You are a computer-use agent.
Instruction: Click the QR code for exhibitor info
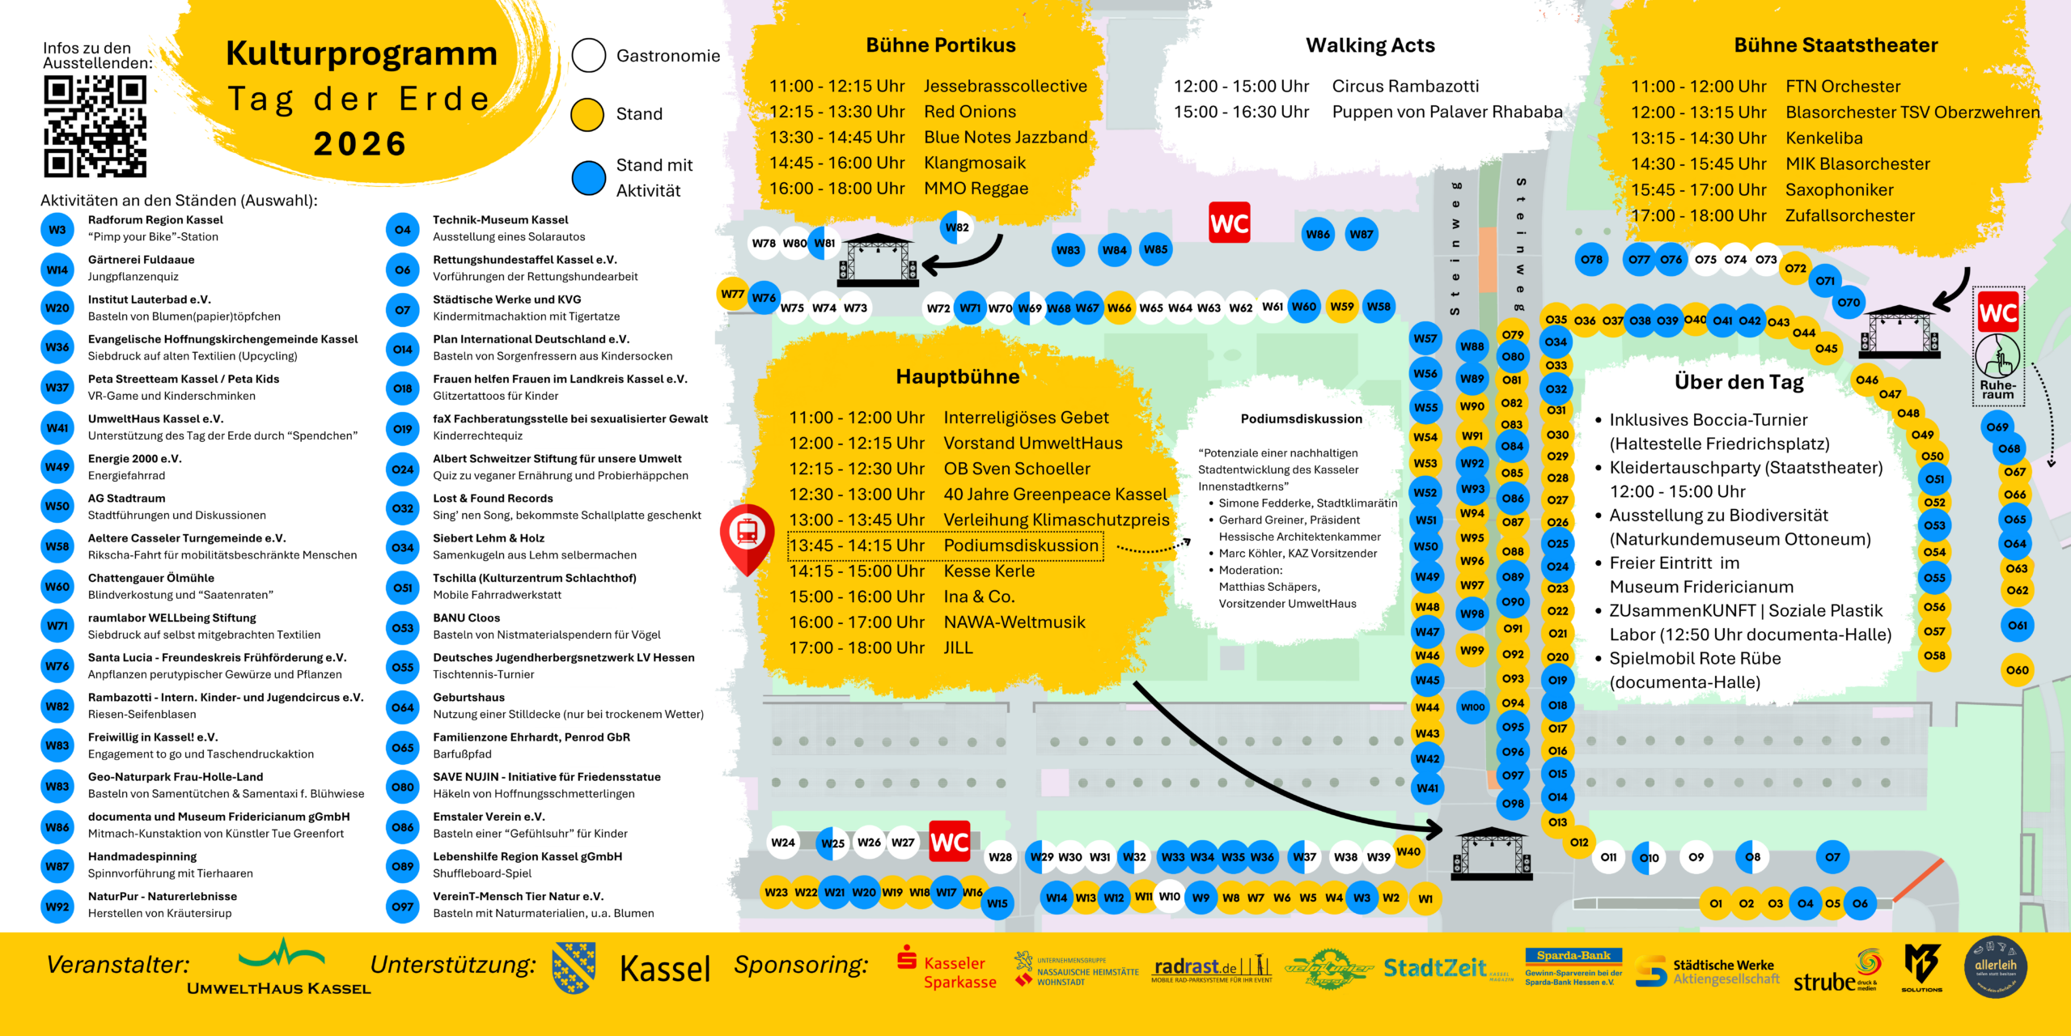pos(95,126)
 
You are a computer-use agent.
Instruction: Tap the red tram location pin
pos(748,534)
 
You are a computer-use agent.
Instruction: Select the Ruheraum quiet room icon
pos(1997,356)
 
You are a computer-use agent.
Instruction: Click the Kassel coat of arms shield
pos(574,967)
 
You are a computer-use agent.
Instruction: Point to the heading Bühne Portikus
pos(940,45)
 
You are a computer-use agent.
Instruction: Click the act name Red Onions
pos(970,112)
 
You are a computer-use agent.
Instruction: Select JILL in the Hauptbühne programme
pos(958,647)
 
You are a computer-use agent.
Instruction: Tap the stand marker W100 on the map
pos(1472,707)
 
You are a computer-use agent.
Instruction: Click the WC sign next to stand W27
pos(949,843)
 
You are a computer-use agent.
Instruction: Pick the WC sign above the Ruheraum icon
pos(1997,312)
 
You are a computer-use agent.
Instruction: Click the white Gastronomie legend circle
pos(588,55)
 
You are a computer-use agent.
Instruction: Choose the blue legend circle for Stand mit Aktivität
pos(588,177)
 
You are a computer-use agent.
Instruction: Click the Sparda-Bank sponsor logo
pos(1573,968)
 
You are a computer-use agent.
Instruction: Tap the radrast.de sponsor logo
pos(1211,969)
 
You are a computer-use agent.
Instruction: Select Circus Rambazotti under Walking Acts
pos(1405,87)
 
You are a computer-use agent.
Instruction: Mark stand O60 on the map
pos(2017,670)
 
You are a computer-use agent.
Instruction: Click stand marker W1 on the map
pos(1425,898)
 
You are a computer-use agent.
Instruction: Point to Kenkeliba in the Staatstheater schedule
pos(1823,138)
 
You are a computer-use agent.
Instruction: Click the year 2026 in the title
pos(360,144)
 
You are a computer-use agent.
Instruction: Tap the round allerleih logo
pos(1995,966)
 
